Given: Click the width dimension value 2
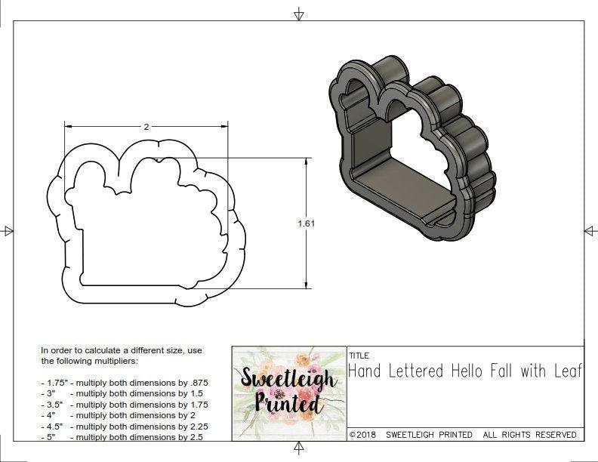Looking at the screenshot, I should pyautogui.click(x=146, y=128).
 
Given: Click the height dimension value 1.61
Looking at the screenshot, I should pyautogui.click(x=307, y=223).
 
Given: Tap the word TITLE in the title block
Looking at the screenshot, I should pyautogui.click(x=359, y=356).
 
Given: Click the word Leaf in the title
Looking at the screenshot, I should pyautogui.click(x=567, y=371).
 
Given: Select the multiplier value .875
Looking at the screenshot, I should pyautogui.click(x=198, y=383).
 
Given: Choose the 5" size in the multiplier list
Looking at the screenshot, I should pyautogui.click(x=49, y=436).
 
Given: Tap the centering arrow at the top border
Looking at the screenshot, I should pyautogui.click(x=299, y=14).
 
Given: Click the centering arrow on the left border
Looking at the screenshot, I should pyautogui.click(x=8, y=230).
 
